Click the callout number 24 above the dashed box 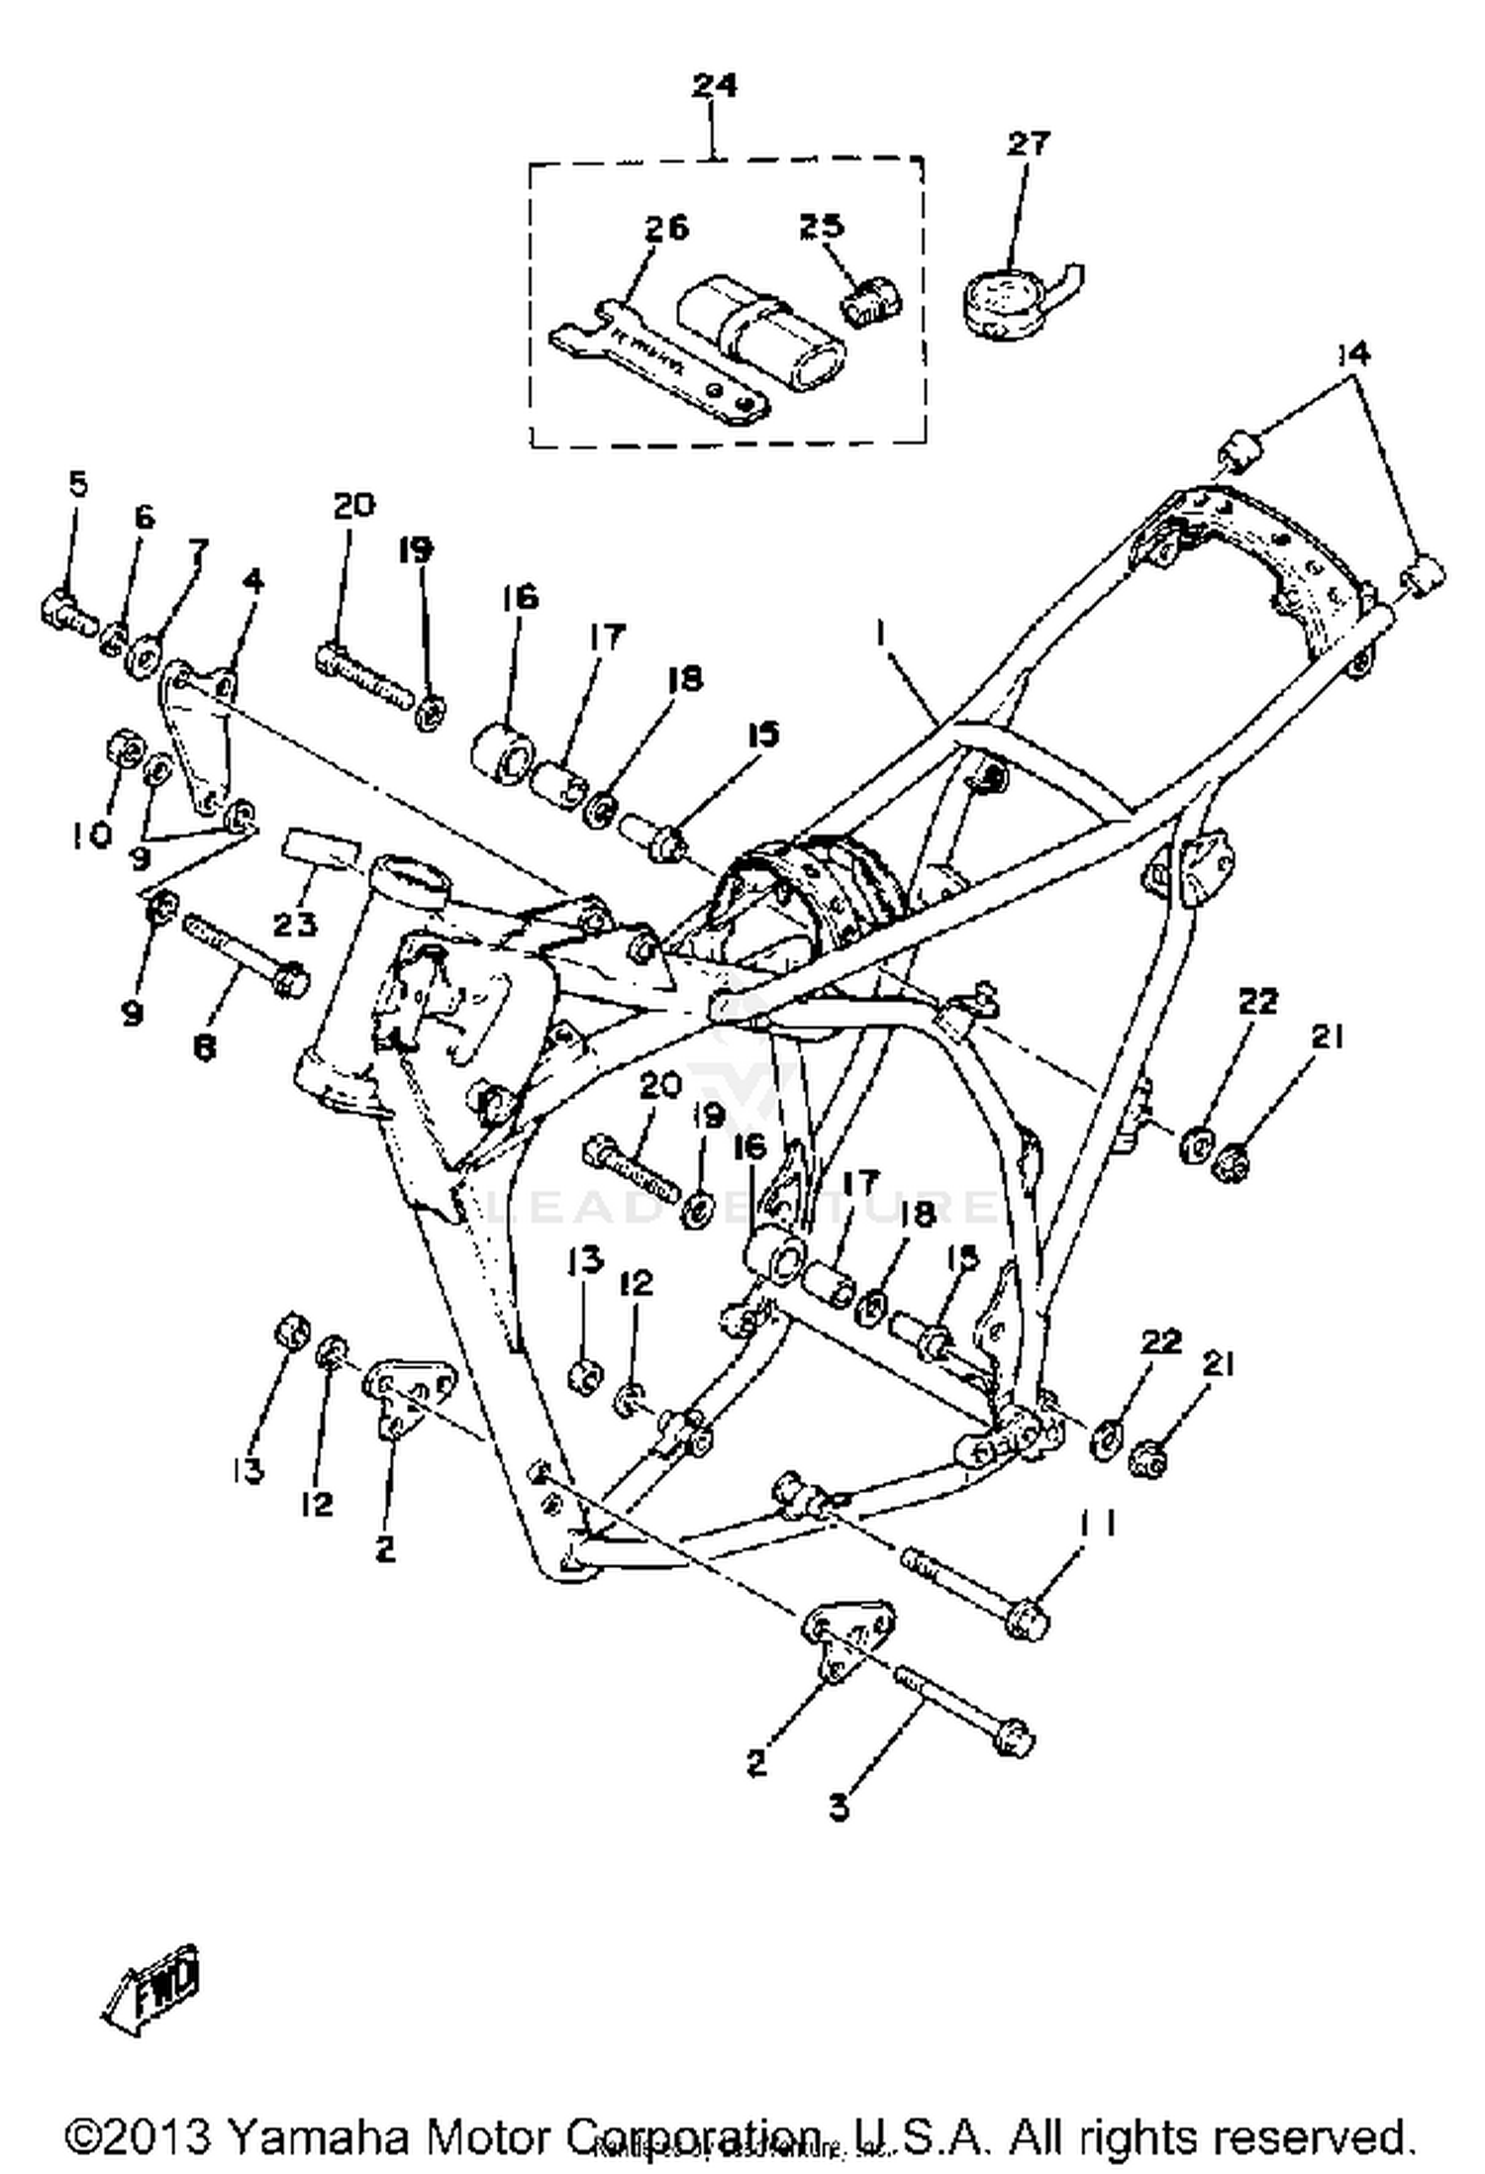(714, 86)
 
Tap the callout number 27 (1027, 145)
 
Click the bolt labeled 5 (67, 610)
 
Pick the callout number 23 (295, 925)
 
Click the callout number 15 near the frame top (762, 734)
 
